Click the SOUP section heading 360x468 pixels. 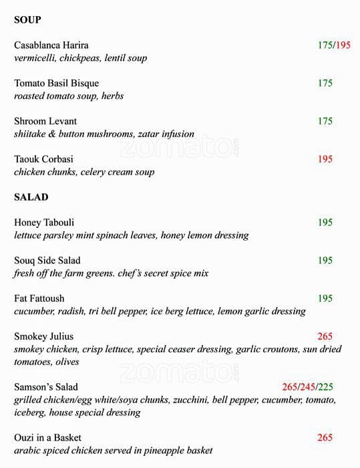[x=27, y=20]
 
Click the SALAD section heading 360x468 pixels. [x=31, y=197]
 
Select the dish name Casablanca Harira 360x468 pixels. [x=51, y=45]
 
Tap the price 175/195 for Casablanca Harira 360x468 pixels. [x=334, y=45]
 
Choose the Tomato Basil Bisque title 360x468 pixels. [x=56, y=84]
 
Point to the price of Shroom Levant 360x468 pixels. [x=325, y=122]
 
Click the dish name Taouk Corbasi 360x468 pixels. [x=43, y=160]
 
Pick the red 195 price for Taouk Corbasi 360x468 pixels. [x=325, y=160]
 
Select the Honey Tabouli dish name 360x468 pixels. [x=44, y=223]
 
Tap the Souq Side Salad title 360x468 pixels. [x=47, y=261]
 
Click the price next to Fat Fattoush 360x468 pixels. [x=325, y=299]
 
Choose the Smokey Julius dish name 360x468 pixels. [x=43, y=337]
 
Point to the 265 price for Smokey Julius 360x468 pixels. [x=325, y=337]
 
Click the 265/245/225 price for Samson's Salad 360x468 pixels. [x=307, y=387]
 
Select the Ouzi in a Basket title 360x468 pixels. [x=47, y=438]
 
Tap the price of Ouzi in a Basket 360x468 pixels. [x=325, y=438]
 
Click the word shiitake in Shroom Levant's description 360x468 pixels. [x=32, y=134]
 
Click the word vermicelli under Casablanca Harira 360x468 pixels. [x=34, y=58]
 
